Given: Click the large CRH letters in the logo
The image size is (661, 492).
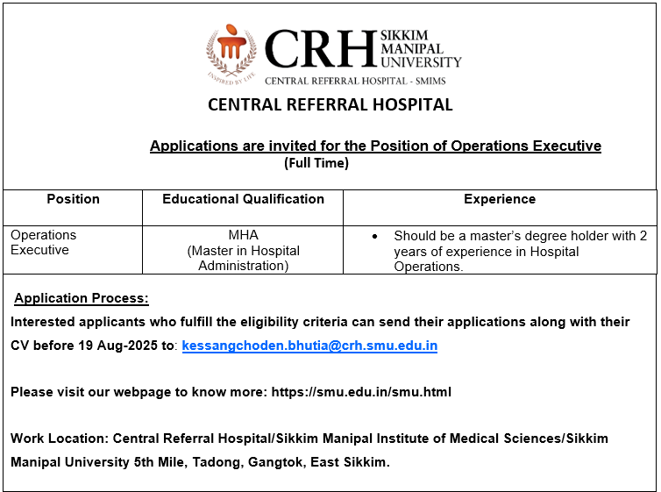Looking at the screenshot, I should [x=320, y=49].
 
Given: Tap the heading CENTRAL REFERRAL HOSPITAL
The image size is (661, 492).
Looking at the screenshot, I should [x=330, y=105].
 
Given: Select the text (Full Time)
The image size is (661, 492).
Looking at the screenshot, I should [x=316, y=163].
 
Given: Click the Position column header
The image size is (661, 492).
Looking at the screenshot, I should [x=73, y=199].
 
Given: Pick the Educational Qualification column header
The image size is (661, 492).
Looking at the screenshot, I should [x=243, y=199].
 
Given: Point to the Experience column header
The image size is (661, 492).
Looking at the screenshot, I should [x=500, y=199].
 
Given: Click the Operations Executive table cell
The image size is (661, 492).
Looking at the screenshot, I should [x=44, y=242].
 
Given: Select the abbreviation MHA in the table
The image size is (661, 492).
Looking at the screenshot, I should [x=243, y=235].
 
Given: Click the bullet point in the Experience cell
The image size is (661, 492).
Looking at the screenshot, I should [x=375, y=236].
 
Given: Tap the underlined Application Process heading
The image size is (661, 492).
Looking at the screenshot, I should [x=82, y=298].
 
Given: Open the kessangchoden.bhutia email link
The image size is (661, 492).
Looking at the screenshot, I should [x=309, y=346].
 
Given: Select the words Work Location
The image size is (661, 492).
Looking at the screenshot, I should [x=58, y=438].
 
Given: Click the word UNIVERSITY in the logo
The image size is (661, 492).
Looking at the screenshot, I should [x=421, y=62].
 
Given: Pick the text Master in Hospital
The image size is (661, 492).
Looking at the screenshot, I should [x=243, y=251].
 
